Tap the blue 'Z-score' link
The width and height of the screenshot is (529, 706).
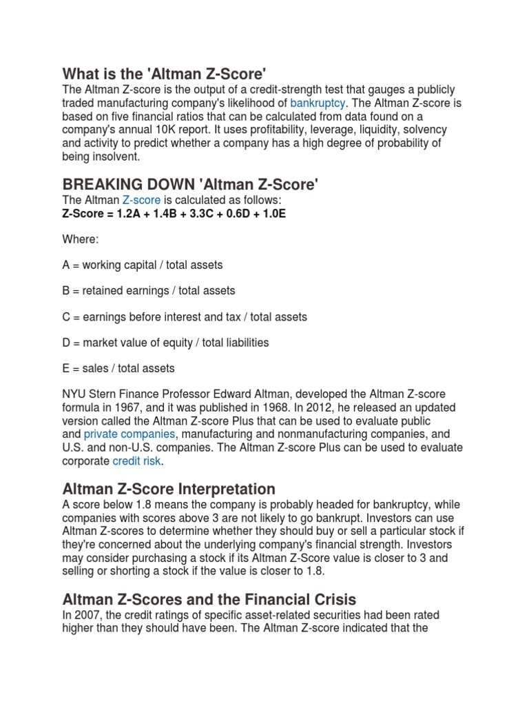[x=141, y=200]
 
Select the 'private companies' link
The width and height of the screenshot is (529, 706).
[x=129, y=434]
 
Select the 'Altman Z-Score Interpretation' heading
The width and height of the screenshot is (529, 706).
[x=169, y=489]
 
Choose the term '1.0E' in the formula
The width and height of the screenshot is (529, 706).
[x=271, y=213]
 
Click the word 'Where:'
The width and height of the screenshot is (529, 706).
[x=81, y=239]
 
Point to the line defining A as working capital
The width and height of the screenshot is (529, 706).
[x=143, y=265]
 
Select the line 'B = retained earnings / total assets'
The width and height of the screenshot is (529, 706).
[x=149, y=290]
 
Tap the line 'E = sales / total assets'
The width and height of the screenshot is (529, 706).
[x=118, y=368]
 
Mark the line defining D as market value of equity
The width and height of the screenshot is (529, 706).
[x=165, y=342]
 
